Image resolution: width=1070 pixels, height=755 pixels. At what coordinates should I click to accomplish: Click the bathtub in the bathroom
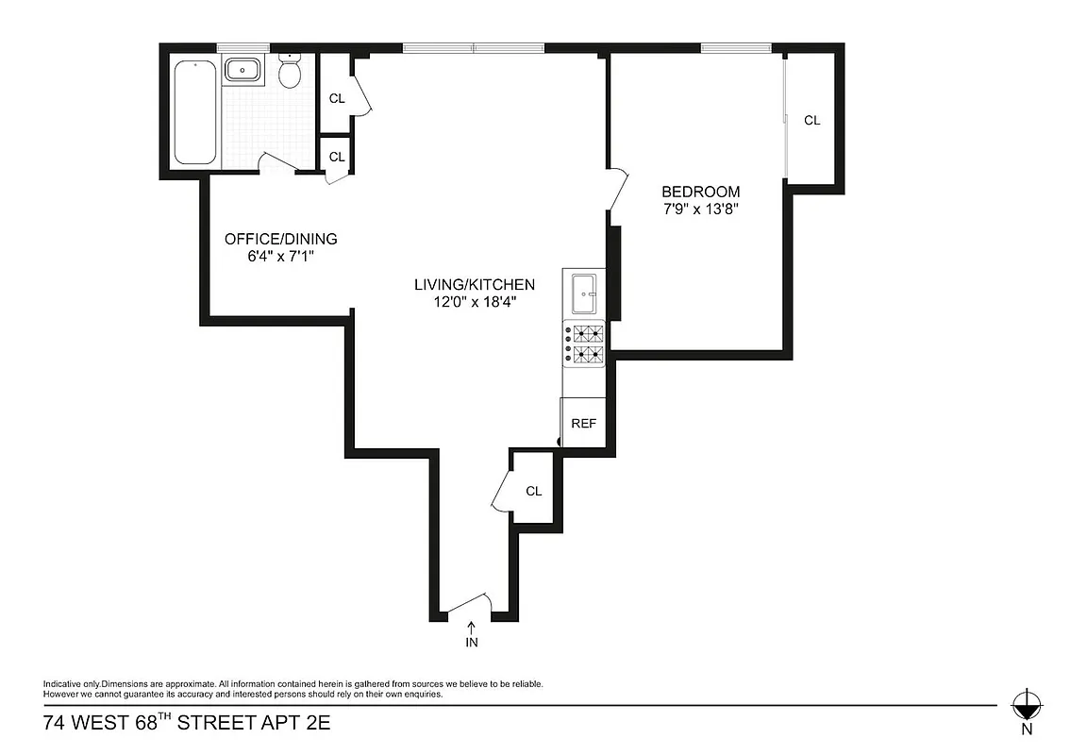(x=196, y=111)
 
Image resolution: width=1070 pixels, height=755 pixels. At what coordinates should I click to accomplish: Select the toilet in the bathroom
(x=291, y=72)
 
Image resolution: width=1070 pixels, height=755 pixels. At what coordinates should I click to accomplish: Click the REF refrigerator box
(x=584, y=423)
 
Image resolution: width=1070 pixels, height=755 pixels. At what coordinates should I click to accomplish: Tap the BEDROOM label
(x=700, y=192)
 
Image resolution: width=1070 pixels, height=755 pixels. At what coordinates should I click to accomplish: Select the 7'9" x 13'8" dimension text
(x=700, y=210)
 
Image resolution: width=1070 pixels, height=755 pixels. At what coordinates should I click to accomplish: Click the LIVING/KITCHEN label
(x=475, y=284)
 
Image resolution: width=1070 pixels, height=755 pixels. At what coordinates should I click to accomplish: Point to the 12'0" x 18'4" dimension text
(x=475, y=302)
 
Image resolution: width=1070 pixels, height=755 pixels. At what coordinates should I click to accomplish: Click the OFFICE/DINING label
(x=280, y=239)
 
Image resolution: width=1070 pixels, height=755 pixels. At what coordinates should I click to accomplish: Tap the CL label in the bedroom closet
(x=811, y=120)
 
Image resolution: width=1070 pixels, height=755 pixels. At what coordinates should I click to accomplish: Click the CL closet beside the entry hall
(x=533, y=491)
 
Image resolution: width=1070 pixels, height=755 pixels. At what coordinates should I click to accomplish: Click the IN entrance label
(x=472, y=643)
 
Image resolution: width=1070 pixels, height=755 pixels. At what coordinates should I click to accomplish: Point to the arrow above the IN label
(x=472, y=626)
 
